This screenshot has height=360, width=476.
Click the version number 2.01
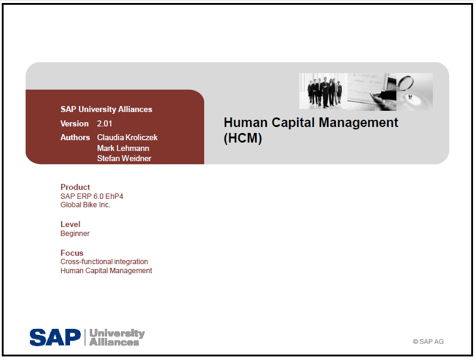pyautogui.click(x=104, y=123)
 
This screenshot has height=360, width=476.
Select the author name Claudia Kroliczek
pyautogui.click(x=127, y=137)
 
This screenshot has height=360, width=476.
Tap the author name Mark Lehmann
pyautogui.click(x=123, y=149)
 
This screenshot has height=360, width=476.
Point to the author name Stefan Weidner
pyautogui.click(x=124, y=158)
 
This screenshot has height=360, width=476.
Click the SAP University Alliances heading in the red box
pyautogui.click(x=106, y=110)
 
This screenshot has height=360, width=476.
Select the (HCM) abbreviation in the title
pyautogui.click(x=243, y=138)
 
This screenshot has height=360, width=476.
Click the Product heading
pyautogui.click(x=75, y=187)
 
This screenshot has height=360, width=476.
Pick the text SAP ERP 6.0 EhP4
pyautogui.click(x=92, y=196)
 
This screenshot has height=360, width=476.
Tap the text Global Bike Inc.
pyautogui.click(x=85, y=205)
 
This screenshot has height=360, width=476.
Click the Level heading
pyautogui.click(x=70, y=224)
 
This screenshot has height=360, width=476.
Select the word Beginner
pyautogui.click(x=75, y=234)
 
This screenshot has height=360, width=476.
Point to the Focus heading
pyautogui.click(x=72, y=253)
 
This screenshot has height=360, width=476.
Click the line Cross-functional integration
pyautogui.click(x=104, y=262)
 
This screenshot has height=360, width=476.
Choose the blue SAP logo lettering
pyautogui.click(x=55, y=337)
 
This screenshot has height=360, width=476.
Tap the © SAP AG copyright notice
pyautogui.click(x=428, y=341)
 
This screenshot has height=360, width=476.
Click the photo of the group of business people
pyautogui.click(x=323, y=91)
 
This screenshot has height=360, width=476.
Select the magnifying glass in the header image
pyautogui.click(x=405, y=83)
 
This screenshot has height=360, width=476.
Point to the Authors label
pyautogui.click(x=75, y=137)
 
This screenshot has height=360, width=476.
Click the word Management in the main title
pyautogui.click(x=358, y=123)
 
